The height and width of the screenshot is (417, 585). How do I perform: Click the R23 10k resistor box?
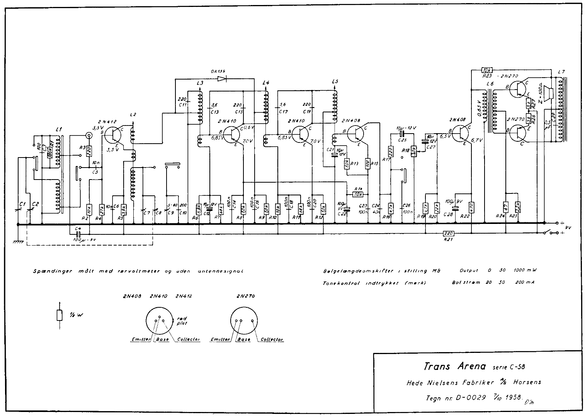click(487, 70)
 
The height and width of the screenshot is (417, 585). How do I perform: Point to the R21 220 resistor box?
click(449, 233)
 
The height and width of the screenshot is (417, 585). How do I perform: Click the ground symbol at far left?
click(18, 241)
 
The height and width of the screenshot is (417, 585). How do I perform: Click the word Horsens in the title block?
click(527, 382)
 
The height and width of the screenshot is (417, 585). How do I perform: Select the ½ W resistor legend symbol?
click(60, 315)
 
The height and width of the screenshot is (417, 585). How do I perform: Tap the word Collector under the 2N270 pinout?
click(272, 340)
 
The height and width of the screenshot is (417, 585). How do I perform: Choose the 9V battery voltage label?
click(568, 228)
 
